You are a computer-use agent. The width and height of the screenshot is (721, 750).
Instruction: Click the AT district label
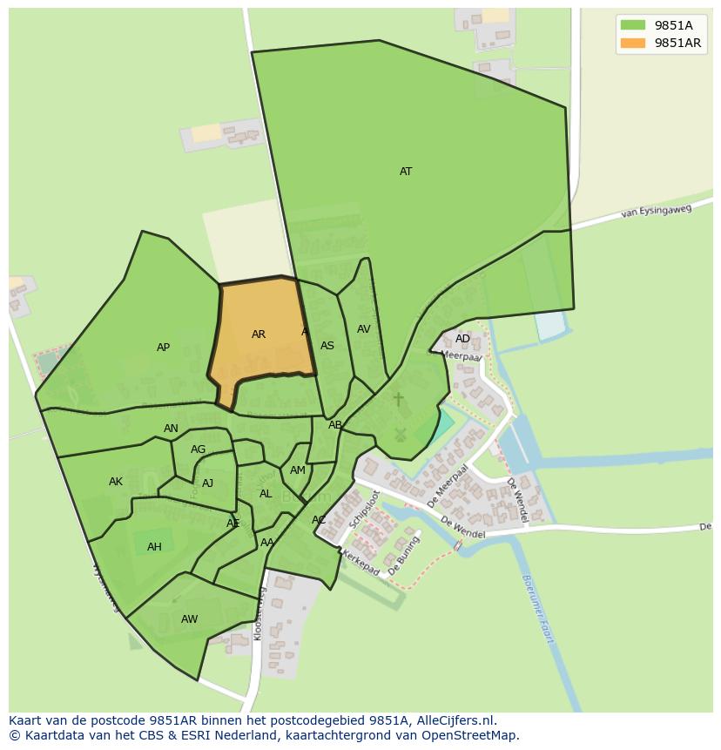(406, 172)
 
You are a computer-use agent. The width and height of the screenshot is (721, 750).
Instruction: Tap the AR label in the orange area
(259, 334)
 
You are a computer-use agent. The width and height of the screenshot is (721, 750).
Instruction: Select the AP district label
(163, 348)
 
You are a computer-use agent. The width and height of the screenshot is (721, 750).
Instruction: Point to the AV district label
(364, 329)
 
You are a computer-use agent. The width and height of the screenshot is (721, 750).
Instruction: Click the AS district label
(327, 346)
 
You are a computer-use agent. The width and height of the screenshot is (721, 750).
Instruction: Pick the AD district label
(462, 339)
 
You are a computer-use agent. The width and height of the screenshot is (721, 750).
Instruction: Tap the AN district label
(171, 429)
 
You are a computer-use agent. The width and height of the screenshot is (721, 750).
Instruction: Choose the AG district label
(198, 449)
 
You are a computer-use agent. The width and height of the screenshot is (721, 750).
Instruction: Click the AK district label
(116, 482)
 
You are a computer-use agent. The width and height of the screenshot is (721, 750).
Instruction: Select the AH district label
(154, 547)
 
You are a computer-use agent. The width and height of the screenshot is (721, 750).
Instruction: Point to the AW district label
(189, 619)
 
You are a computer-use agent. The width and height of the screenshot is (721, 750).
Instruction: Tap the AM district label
(298, 470)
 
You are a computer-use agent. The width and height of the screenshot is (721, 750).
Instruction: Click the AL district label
(266, 494)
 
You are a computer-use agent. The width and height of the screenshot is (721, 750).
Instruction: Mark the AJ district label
(207, 483)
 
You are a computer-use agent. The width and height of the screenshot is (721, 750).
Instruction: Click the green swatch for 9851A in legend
(633, 25)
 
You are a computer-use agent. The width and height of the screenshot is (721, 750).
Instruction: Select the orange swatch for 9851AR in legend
(633, 44)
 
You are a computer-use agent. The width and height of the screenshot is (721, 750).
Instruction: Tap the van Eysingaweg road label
(656, 211)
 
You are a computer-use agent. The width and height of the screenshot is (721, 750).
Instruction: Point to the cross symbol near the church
(399, 399)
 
